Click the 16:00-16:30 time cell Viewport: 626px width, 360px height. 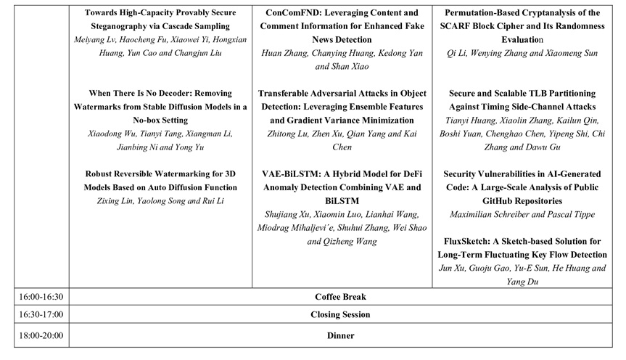click(x=34, y=297)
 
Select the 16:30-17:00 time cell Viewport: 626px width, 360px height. click(x=34, y=315)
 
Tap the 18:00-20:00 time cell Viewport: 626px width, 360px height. click(x=34, y=336)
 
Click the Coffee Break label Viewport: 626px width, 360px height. click(x=340, y=297)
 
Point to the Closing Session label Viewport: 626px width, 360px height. click(x=340, y=315)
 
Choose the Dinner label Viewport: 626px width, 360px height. click(x=340, y=336)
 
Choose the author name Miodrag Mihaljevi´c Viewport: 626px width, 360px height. click(x=303, y=228)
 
